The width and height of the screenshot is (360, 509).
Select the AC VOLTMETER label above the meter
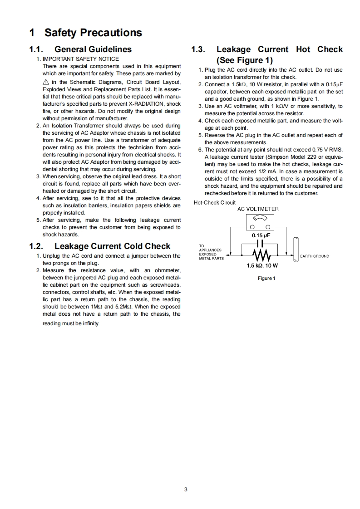258,209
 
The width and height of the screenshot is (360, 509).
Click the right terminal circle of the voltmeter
268,227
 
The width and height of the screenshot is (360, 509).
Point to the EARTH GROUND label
315,256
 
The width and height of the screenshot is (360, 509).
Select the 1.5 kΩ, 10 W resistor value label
262,265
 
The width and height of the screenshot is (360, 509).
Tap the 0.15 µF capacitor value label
261,235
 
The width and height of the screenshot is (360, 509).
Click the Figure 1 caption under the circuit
266,278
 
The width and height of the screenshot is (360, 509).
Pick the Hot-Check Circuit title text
215,202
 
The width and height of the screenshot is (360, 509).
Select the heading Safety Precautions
93,33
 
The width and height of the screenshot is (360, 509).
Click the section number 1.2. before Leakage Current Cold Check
38,246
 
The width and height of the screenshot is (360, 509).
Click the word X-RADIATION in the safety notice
148,103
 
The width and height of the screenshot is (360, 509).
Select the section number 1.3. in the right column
200,49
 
